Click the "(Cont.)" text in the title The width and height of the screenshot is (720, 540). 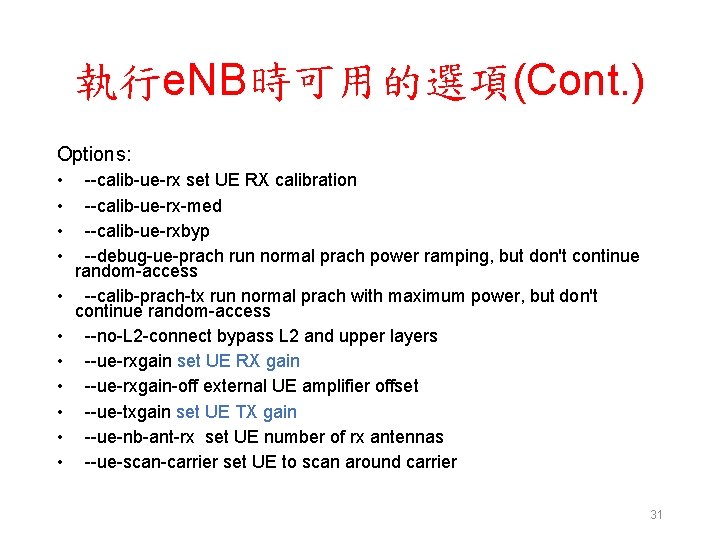click(578, 83)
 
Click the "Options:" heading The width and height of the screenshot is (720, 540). click(94, 154)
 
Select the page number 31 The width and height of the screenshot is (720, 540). click(656, 514)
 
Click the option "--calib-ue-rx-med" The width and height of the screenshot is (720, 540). click(153, 206)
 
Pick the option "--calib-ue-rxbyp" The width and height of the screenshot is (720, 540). click(147, 231)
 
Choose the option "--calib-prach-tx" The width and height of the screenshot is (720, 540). click(147, 296)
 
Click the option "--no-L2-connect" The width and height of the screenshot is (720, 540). click(151, 336)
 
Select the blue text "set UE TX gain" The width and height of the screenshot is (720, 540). click(236, 412)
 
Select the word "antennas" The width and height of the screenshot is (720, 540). click(408, 437)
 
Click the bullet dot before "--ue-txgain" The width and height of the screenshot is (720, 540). click(62, 412)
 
